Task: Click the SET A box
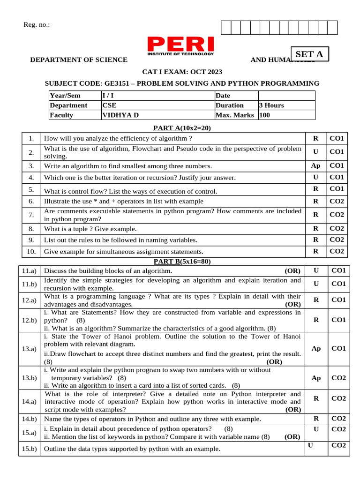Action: [x=310, y=54]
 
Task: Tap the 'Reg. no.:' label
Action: [x=37, y=25]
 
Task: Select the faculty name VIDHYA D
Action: [x=120, y=115]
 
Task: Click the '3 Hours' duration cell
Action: [x=271, y=105]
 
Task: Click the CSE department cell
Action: [x=109, y=105]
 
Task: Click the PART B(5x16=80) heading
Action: [x=182, y=262]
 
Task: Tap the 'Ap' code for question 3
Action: [x=315, y=165]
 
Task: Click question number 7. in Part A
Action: [x=31, y=215]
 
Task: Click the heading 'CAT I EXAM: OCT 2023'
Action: [x=182, y=72]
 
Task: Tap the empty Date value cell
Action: [x=286, y=96]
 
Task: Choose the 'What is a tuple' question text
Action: [x=90, y=229]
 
